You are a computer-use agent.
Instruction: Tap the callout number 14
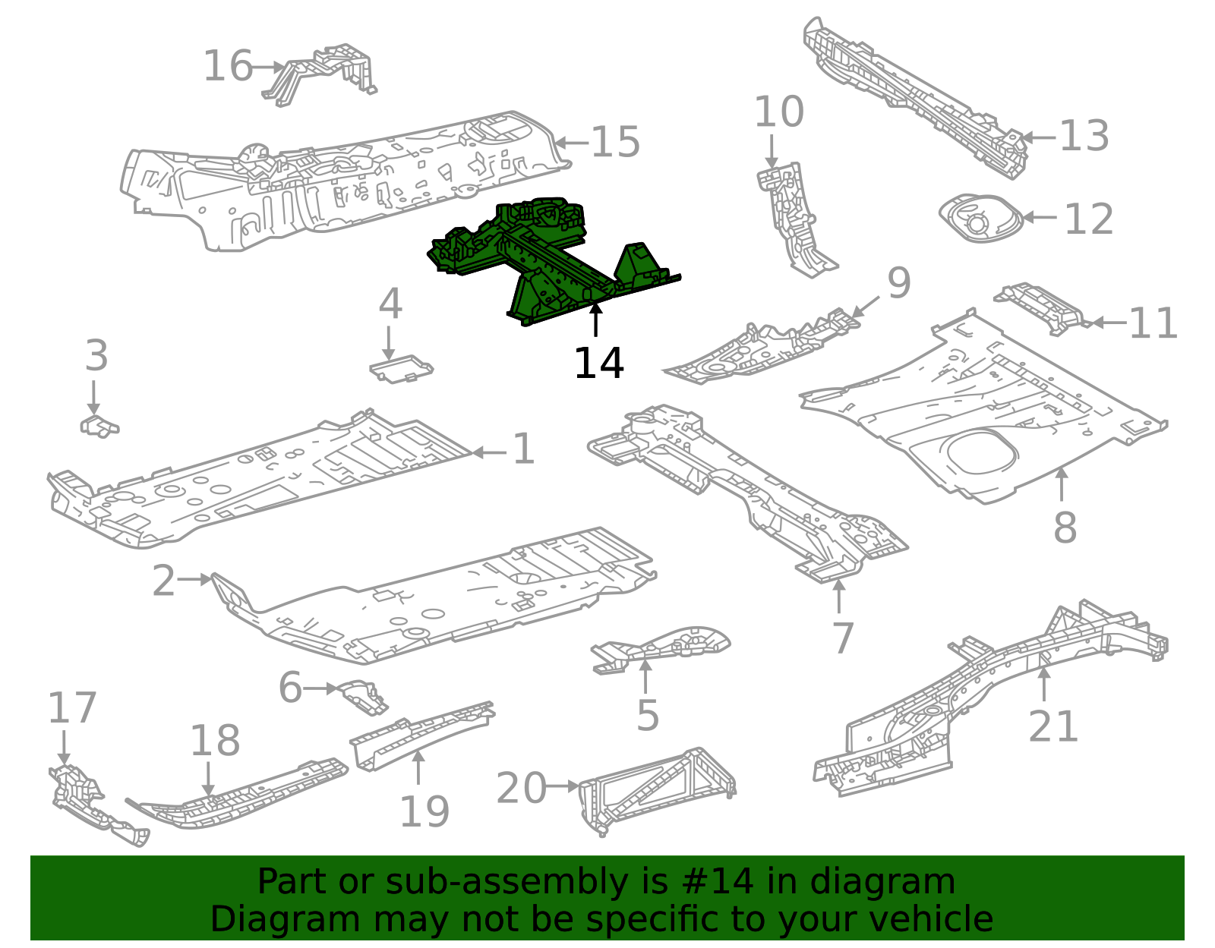[598, 364]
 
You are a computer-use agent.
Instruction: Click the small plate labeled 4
[401, 369]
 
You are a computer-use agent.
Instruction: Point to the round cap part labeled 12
[980, 219]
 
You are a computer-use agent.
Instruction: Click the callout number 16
[227, 66]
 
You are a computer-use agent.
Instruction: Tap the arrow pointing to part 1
[489, 452]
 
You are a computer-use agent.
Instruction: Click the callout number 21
[1052, 726]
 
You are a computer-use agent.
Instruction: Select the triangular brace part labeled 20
[657, 789]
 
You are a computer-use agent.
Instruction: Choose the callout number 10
[778, 112]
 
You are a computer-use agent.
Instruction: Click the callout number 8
[1065, 527]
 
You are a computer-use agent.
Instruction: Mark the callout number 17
[72, 708]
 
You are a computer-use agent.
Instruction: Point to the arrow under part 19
[418, 767]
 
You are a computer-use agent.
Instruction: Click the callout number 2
[163, 581]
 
